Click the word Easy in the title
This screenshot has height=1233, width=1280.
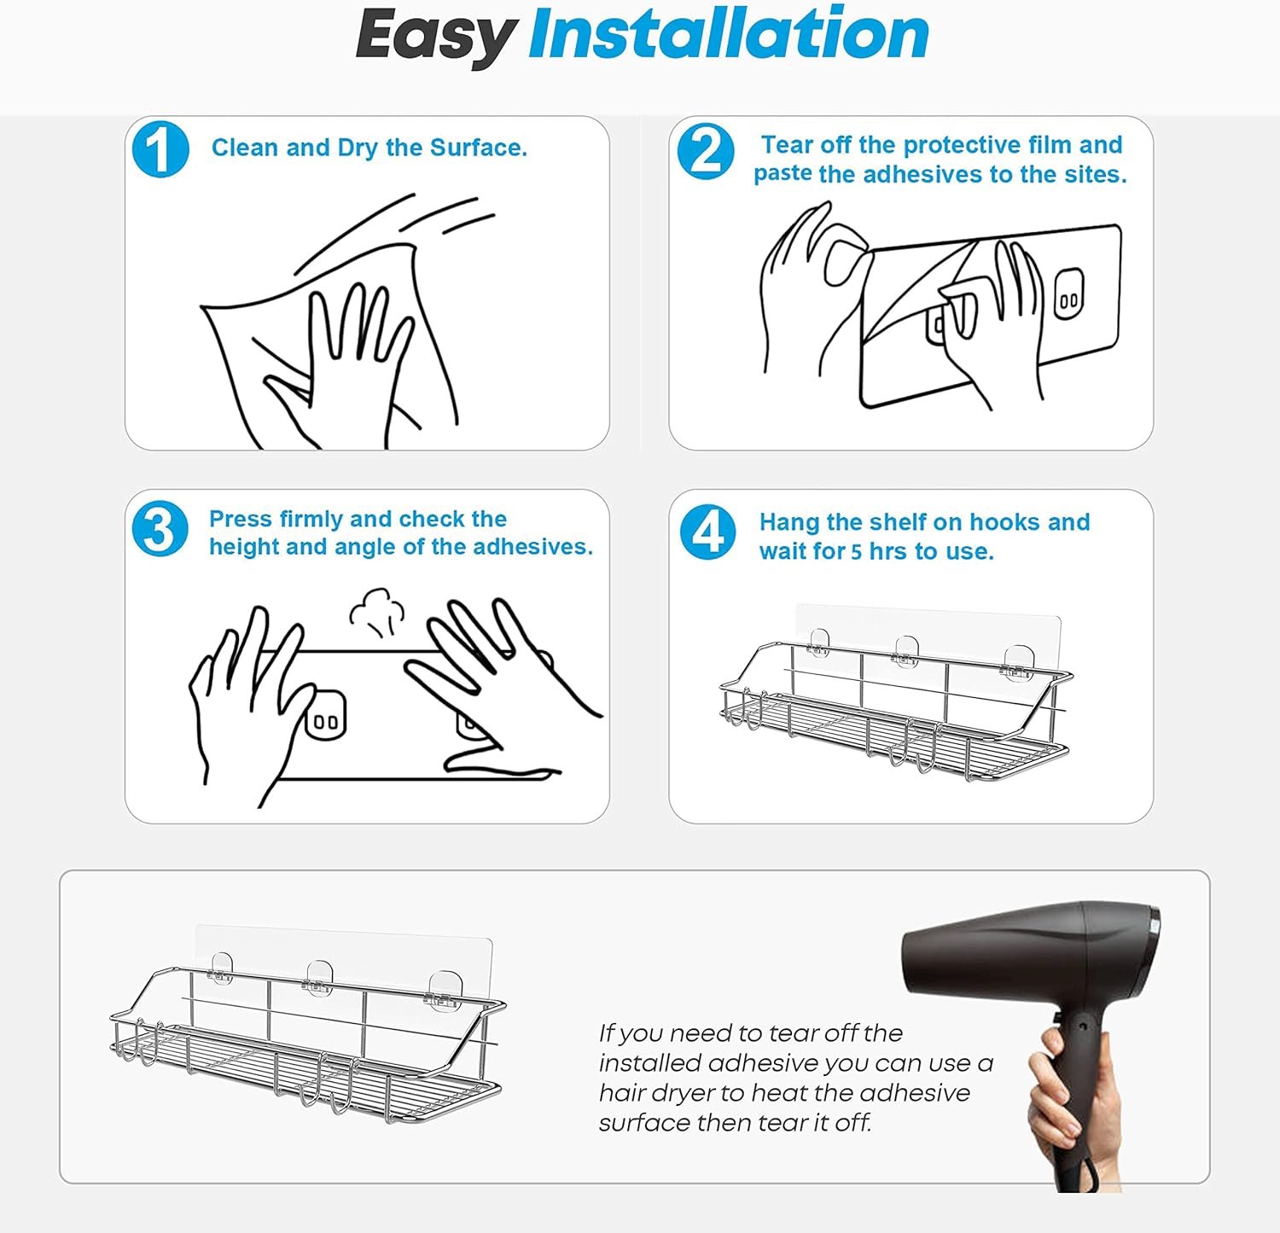coord(435,36)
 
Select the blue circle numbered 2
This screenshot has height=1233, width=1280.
coord(706,152)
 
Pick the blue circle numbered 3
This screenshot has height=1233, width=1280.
coord(160,529)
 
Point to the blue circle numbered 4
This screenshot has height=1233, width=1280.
coord(707,532)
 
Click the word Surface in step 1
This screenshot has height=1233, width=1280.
coord(478,148)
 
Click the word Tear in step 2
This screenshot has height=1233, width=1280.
coord(786,144)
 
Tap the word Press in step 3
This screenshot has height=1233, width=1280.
coord(241,519)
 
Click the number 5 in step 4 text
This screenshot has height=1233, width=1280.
coord(856,552)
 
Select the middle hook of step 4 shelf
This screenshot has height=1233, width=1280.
coord(906,653)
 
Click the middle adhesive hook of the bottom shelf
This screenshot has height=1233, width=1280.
coord(319,978)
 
